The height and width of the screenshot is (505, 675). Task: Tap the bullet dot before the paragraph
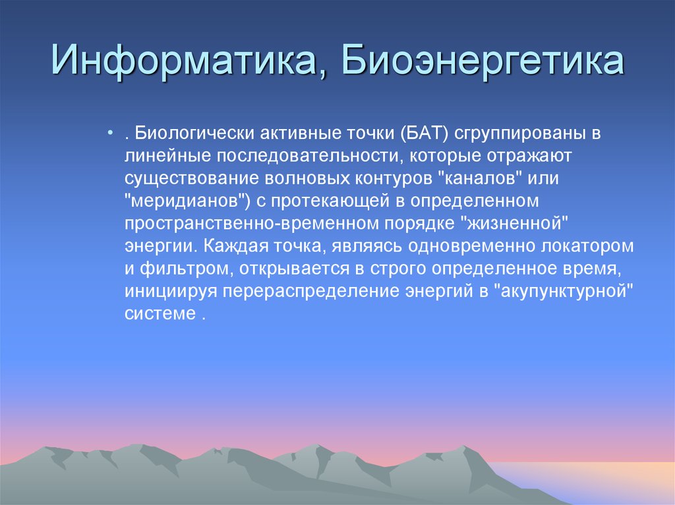[x=109, y=134]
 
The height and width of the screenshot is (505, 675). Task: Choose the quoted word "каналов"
[x=482, y=178]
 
